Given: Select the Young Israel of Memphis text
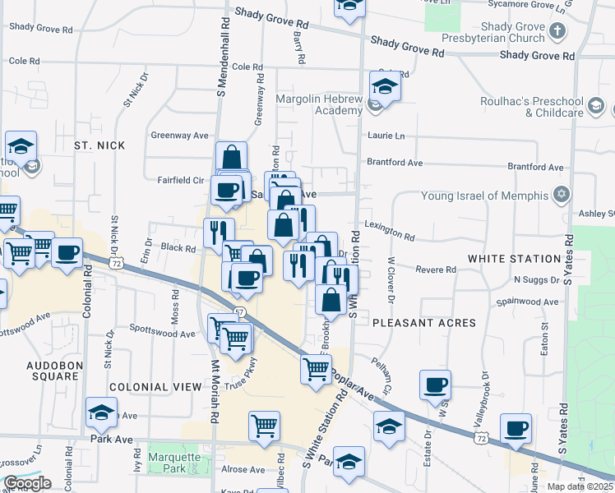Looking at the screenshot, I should point(483,196).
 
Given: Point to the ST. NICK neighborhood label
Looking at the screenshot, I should point(99,145).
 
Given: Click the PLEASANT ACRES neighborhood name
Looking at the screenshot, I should point(423,323).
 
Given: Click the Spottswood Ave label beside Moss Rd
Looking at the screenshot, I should point(162,334).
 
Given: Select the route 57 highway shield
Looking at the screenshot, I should point(239,312).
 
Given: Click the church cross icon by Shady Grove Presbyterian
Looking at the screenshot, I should point(557,32).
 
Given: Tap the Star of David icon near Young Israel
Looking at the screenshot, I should point(562,196).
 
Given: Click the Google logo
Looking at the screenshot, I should point(26,483).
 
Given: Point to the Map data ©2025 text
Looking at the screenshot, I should point(580,486).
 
